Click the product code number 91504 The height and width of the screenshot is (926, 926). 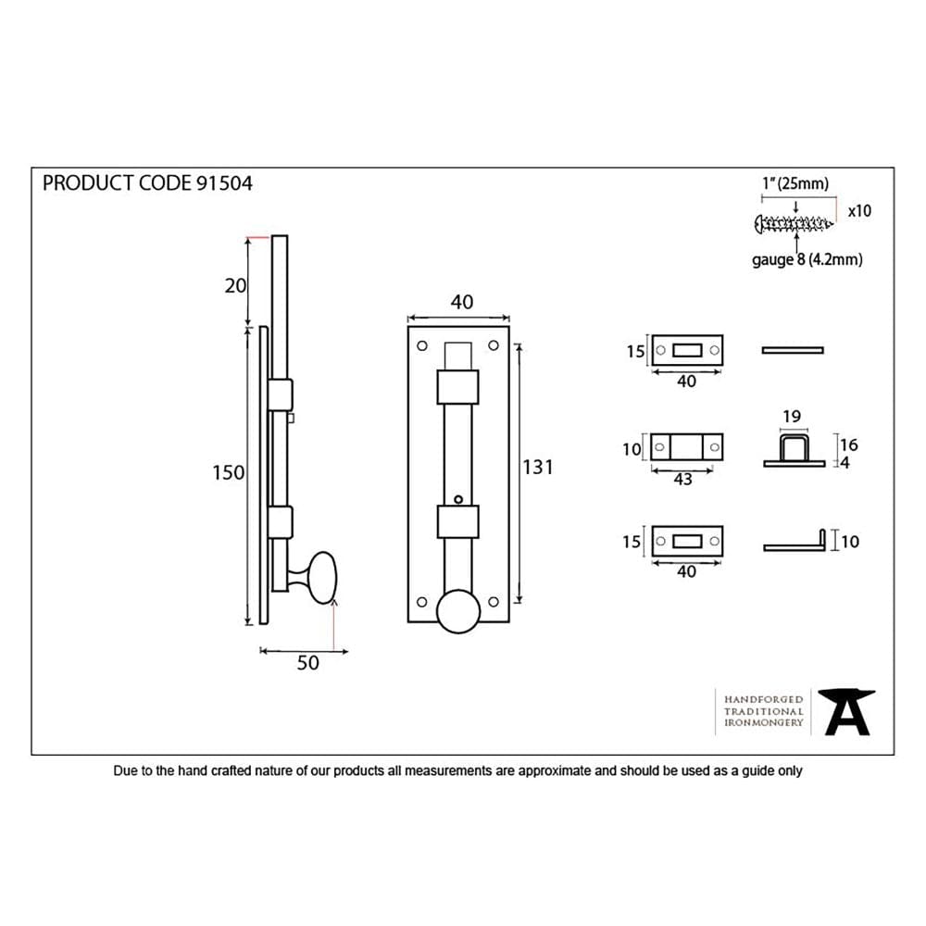coord(224,183)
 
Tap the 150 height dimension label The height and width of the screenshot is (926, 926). coord(228,472)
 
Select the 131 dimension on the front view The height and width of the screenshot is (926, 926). coord(537,468)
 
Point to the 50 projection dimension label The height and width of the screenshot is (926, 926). coord(307,663)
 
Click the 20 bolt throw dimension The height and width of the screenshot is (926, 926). coord(235,285)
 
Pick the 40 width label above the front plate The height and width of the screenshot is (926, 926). coord(461,302)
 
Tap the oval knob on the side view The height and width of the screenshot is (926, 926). coord(320,578)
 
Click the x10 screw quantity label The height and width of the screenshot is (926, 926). coord(858,211)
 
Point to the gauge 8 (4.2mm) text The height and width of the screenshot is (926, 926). coord(807,260)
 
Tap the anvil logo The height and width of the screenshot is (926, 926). coord(847,712)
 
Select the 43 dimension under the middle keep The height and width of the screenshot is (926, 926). coord(682,479)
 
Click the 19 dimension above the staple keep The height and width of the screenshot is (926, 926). coord(791,417)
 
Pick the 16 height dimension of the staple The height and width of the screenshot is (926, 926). coord(849,445)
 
